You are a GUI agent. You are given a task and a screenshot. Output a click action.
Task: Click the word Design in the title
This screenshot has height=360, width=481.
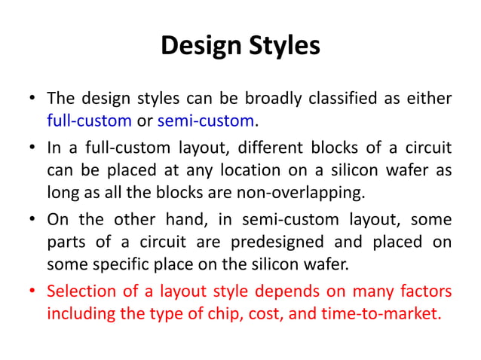(x=200, y=45)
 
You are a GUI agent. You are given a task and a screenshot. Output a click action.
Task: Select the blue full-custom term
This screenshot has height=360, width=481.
(x=90, y=120)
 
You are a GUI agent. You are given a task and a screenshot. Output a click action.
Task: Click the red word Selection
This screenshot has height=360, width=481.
(x=81, y=291)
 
